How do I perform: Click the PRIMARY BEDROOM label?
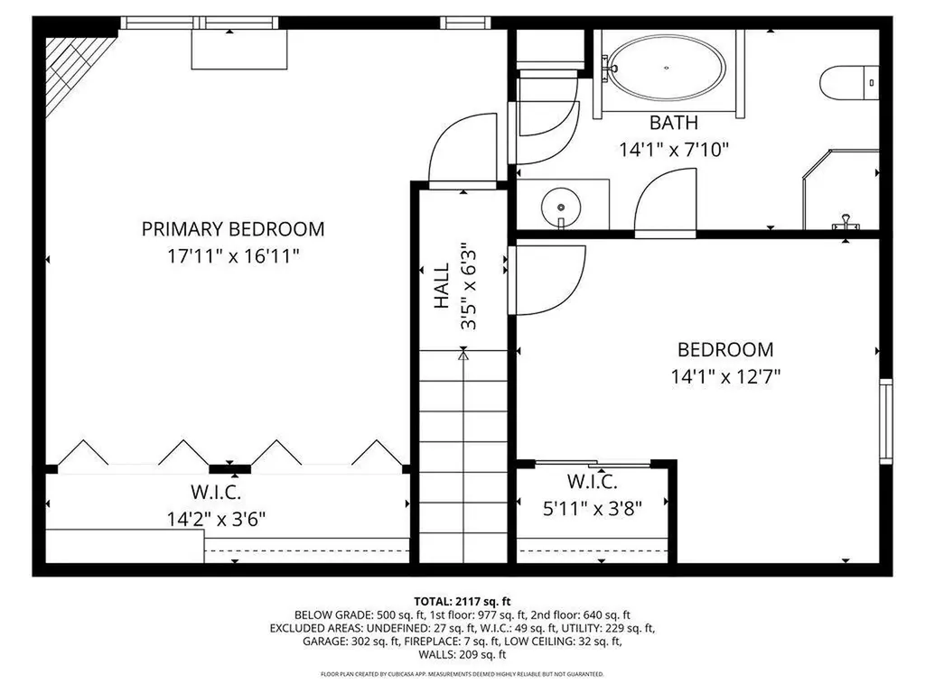click(x=233, y=229)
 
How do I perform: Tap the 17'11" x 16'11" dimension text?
click(x=233, y=256)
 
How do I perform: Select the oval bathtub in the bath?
click(x=667, y=69)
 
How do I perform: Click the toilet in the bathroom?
click(x=850, y=82)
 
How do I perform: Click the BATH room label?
click(x=673, y=123)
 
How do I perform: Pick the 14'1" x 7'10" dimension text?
click(x=673, y=150)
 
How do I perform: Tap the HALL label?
click(x=442, y=286)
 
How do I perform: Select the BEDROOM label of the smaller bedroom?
click(x=725, y=349)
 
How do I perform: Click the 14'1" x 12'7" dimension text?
click(x=725, y=376)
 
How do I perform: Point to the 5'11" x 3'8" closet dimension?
click(x=592, y=509)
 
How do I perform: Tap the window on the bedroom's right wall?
click(x=886, y=420)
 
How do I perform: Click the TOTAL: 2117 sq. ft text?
click(x=462, y=600)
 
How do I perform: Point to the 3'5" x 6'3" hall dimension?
click(x=469, y=286)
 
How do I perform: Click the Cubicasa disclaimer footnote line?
click(x=462, y=674)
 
